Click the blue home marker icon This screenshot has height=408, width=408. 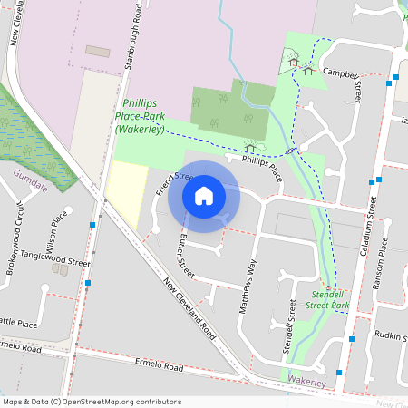click(204, 196)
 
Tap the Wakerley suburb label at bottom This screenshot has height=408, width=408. click(306, 383)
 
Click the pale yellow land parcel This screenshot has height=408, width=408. click(126, 192)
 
